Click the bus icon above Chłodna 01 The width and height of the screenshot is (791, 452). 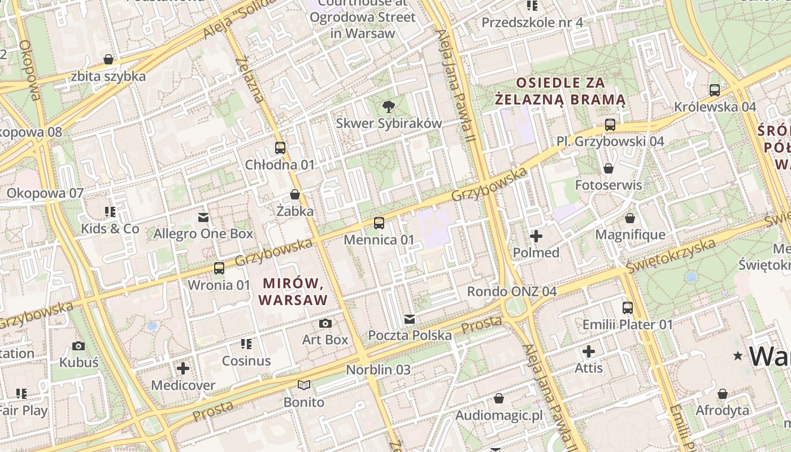tap(280, 148)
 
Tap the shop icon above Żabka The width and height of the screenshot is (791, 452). tap(295, 195)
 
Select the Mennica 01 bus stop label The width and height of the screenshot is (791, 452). tap(379, 240)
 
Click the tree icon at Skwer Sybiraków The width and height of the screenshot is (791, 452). tap(388, 106)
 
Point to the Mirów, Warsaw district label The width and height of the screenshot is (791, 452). tap(293, 291)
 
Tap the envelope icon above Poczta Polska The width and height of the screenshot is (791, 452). tap(410, 319)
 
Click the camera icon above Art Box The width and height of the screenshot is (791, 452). tap(325, 323)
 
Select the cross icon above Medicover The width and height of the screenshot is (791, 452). tap(183, 369)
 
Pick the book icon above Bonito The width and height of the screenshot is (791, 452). tap(304, 385)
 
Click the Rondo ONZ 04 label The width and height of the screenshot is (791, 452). tap(511, 292)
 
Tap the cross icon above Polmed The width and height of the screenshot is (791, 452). tap(536, 236)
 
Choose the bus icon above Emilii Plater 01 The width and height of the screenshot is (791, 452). tap(628, 308)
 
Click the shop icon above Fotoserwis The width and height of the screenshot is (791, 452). tap(609, 168)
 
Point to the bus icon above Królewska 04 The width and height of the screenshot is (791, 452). tap(715, 90)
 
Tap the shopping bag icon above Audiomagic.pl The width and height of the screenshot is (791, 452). tap(499, 399)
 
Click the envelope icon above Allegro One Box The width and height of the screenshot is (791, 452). tap(203, 217)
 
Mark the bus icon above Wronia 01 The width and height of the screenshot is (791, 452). tap(219, 268)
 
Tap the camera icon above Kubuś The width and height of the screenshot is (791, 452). tap(79, 346)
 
